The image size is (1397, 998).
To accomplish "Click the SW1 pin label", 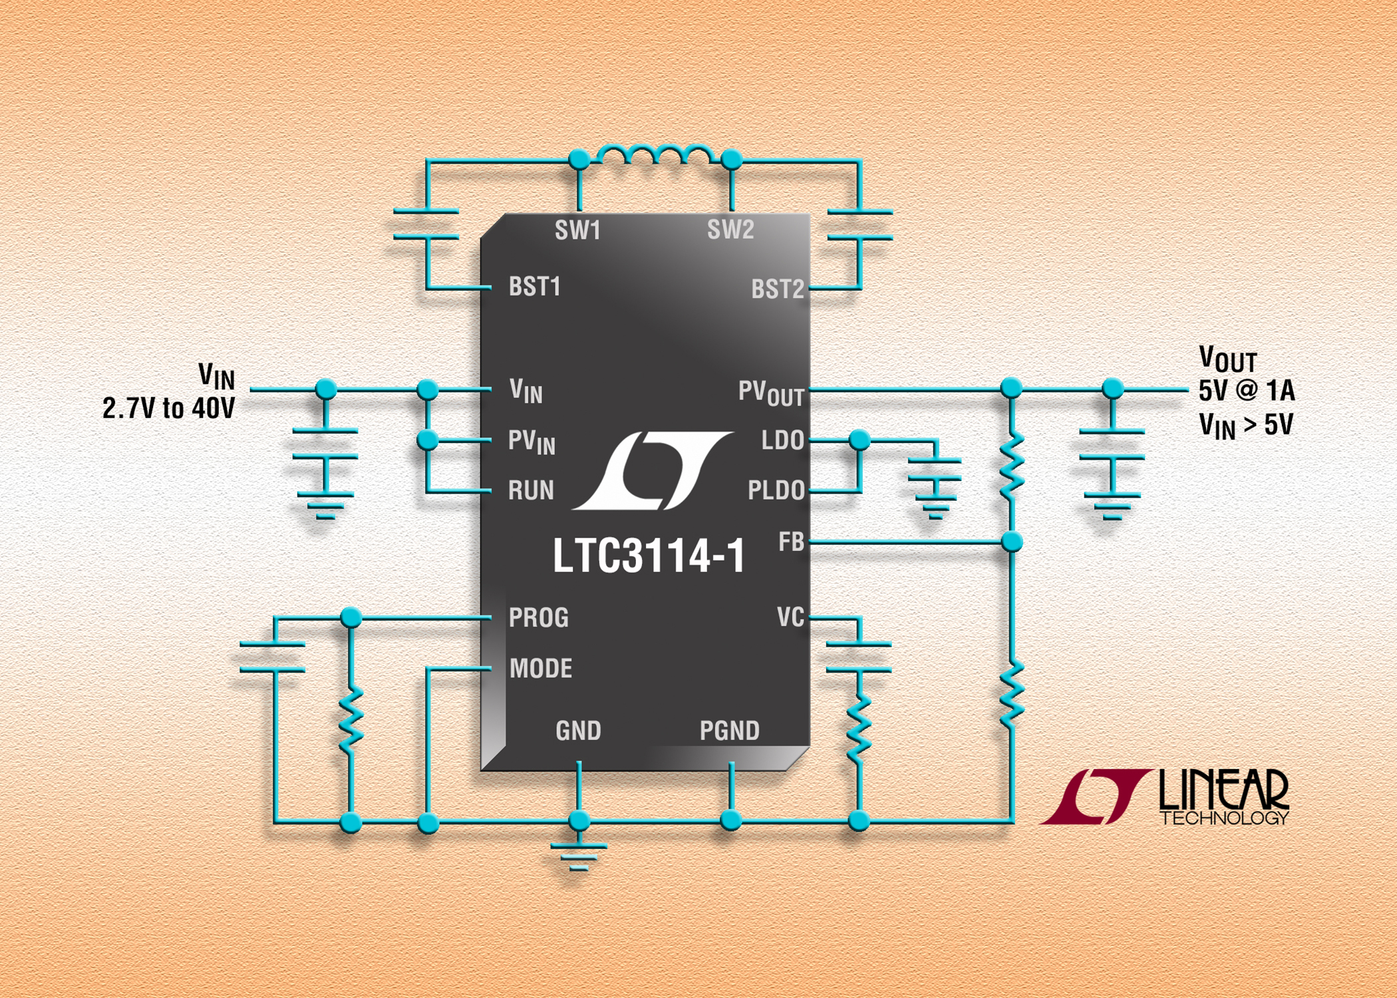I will [577, 230].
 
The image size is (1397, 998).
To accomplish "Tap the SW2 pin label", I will [730, 230].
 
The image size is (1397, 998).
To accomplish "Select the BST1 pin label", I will [534, 287].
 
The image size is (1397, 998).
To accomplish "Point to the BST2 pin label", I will [777, 289].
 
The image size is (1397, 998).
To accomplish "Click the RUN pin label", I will [531, 490].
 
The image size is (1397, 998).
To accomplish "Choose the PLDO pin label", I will [776, 490].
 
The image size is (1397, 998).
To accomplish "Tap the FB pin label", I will [791, 542].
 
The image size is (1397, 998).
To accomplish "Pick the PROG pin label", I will [538, 618].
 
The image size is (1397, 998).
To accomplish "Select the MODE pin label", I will [540, 669].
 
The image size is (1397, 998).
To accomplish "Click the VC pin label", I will [790, 617].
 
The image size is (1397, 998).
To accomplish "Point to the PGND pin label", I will [729, 731].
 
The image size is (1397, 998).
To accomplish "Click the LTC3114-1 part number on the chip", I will [649, 556].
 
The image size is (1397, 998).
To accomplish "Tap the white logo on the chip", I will [652, 470].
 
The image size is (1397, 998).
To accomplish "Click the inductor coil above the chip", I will [655, 155].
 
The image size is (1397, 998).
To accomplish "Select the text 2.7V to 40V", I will [168, 408].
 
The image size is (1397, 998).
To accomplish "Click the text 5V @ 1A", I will [1247, 391].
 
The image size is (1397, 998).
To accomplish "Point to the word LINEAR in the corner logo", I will [1224, 790].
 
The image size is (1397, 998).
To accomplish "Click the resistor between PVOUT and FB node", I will [1011, 466].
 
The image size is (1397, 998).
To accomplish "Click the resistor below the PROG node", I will [351, 719].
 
